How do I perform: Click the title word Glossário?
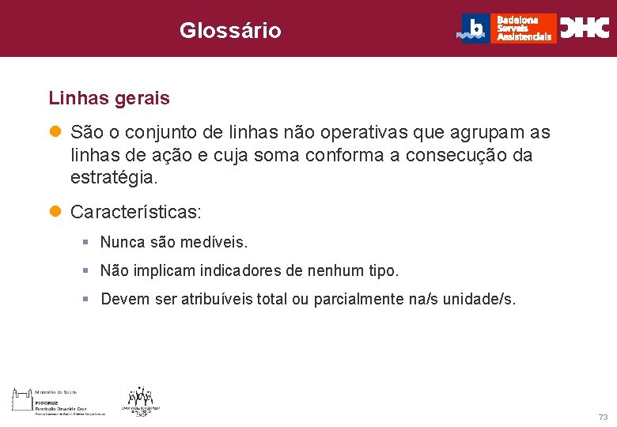point(229,31)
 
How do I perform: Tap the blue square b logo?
point(475,28)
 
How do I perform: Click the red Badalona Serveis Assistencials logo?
point(523,28)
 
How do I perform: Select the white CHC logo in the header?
point(585,28)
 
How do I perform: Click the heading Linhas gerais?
point(109,99)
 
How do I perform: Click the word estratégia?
point(114,178)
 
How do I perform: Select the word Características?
point(135,213)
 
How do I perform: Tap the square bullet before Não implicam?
point(85,271)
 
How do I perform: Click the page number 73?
point(603,417)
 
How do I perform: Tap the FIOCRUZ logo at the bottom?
point(57,401)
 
